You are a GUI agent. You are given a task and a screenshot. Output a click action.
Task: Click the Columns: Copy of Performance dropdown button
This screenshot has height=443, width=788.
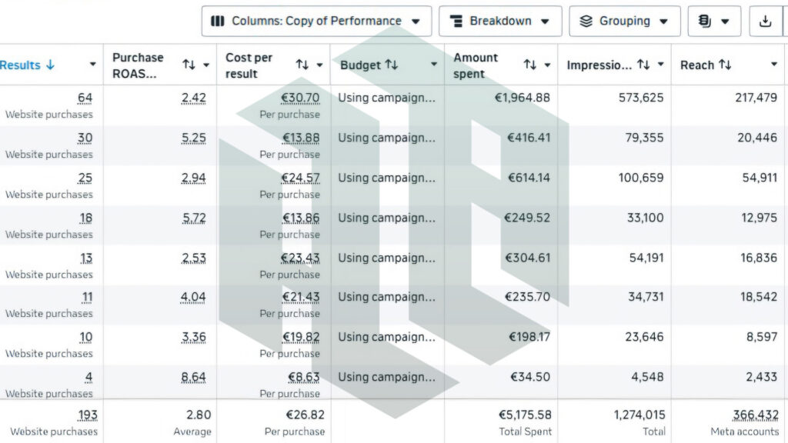tap(316, 21)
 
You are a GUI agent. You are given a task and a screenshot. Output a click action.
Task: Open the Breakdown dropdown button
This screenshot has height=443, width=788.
tap(500, 21)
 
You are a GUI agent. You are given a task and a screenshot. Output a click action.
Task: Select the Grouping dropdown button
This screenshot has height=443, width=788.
tap(625, 21)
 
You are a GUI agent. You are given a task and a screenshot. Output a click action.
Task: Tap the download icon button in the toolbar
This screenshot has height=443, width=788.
tap(766, 21)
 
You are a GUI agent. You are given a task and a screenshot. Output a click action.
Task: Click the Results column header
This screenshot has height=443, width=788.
tap(20, 65)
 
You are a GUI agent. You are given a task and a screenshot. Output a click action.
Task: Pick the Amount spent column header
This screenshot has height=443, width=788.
tap(476, 65)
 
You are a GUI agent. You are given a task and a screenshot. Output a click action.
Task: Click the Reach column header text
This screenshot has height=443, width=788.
tap(697, 65)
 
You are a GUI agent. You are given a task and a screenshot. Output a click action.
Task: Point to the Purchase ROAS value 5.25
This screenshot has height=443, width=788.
tap(193, 138)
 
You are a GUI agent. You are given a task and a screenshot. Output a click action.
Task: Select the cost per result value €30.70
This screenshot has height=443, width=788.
tap(301, 98)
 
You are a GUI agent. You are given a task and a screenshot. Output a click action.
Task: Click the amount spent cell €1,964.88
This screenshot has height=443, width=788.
tap(523, 98)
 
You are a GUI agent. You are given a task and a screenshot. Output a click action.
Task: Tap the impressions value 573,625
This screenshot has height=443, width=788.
tap(641, 98)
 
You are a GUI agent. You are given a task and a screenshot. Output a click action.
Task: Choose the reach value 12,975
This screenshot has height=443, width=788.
tap(759, 218)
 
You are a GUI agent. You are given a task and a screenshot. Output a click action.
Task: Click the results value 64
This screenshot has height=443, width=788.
tap(85, 98)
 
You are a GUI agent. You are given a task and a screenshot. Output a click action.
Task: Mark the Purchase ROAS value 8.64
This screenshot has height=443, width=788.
tap(193, 377)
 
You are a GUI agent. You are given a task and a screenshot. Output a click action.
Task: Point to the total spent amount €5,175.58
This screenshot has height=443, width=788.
tap(525, 415)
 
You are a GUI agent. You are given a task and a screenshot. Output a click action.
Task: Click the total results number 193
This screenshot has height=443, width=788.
tap(88, 415)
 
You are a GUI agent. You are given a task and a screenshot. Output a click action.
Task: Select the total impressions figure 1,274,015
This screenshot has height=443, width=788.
tap(639, 415)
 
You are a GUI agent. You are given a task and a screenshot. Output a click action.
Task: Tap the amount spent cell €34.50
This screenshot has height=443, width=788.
tap(530, 377)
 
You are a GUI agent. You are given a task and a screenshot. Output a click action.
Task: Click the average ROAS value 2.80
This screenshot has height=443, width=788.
tap(199, 415)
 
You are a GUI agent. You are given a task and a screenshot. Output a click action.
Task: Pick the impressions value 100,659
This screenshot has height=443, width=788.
tap(641, 178)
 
